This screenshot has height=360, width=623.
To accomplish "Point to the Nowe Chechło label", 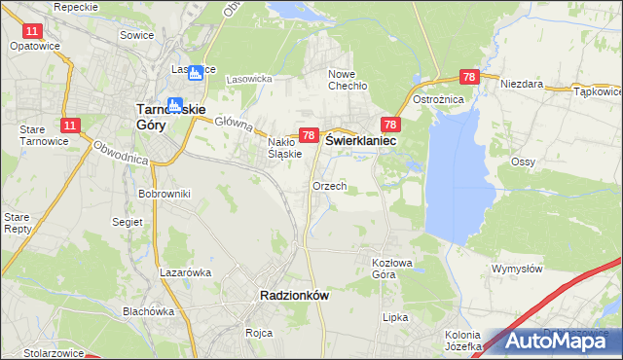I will pyautogui.click(x=353, y=80).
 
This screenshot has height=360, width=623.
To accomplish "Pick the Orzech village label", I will pyautogui.click(x=329, y=186).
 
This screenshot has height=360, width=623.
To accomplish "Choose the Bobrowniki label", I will pyautogui.click(x=164, y=194).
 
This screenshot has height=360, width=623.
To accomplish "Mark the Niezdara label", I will pyautogui.click(x=521, y=85).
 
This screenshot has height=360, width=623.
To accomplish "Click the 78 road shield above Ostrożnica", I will pyautogui.click(x=469, y=76).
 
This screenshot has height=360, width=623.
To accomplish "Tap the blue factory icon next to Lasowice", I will pyautogui.click(x=197, y=71).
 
